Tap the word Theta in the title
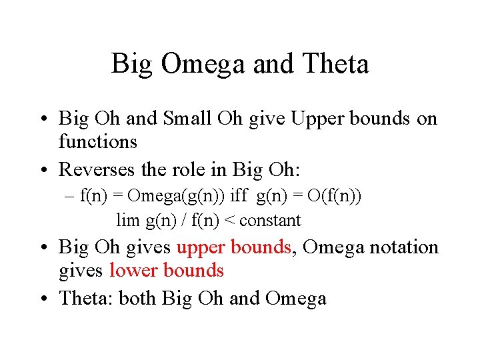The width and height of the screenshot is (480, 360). pyautogui.click(x=335, y=65)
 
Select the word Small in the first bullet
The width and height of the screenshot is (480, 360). pyautogui.click(x=187, y=119)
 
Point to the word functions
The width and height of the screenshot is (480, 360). pyautogui.click(x=98, y=141)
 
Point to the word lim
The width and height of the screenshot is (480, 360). pyautogui.click(x=127, y=219)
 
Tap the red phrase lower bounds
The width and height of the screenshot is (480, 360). pyautogui.click(x=166, y=270)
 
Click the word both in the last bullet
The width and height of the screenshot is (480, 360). pyautogui.click(x=139, y=298)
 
